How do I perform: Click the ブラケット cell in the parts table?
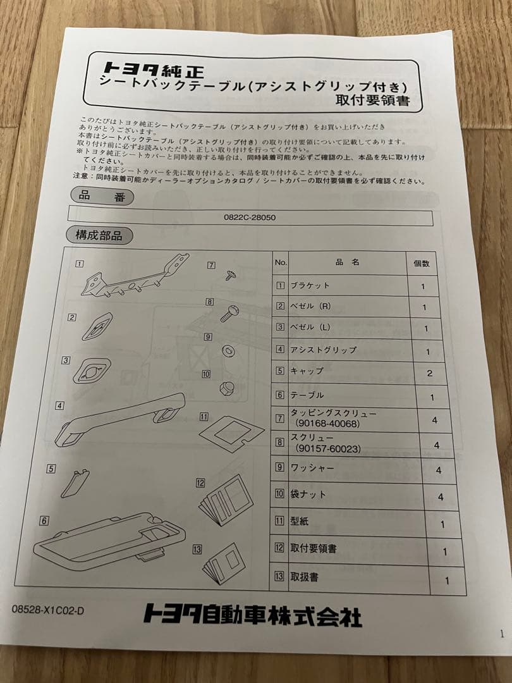pyautogui.click(x=310, y=285)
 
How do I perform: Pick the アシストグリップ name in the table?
pyautogui.click(x=323, y=349)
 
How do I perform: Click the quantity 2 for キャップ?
pyautogui.click(x=429, y=373)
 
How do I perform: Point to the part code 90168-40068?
pyautogui.click(x=327, y=424)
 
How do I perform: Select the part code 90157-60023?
pyautogui.click(x=328, y=448)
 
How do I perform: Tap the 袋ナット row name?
pyautogui.click(x=308, y=494)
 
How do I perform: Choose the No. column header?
pyautogui.click(x=281, y=262)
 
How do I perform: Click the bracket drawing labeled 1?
pyautogui.click(x=134, y=277)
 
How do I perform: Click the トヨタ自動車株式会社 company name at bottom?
pyautogui.click(x=252, y=613)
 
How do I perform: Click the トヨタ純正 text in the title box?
pyautogui.click(x=143, y=67)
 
